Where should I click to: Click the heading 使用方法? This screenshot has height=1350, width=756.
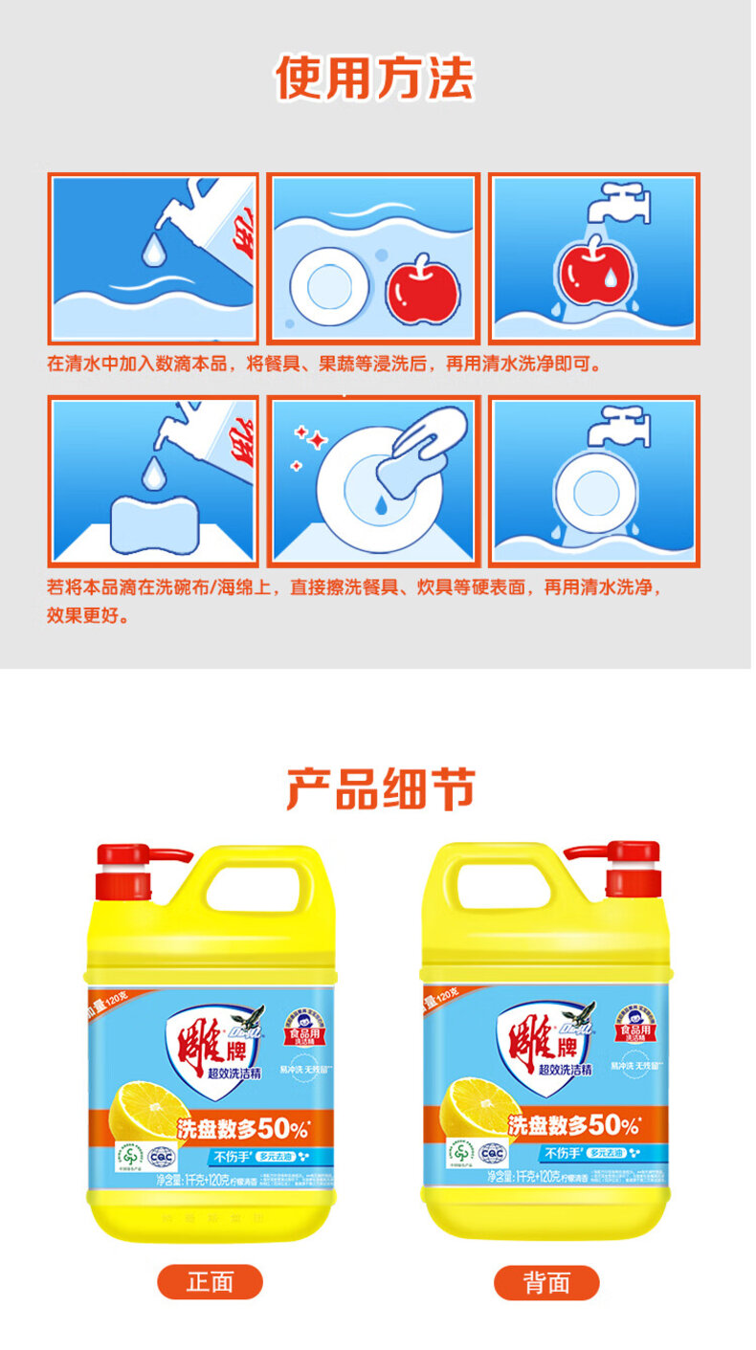point(375,78)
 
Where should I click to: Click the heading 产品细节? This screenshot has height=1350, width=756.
point(380,789)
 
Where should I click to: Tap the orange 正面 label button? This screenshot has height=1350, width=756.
point(210,1281)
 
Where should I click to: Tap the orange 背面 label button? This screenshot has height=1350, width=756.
point(546,1282)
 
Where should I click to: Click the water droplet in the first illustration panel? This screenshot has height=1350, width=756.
point(153,251)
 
